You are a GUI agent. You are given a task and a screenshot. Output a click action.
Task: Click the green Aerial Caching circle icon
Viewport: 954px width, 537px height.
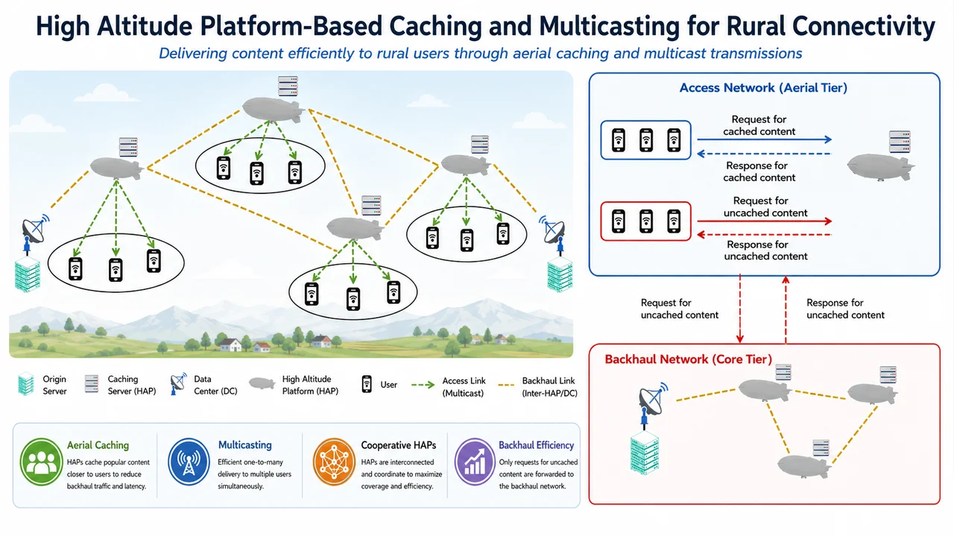click(41, 462)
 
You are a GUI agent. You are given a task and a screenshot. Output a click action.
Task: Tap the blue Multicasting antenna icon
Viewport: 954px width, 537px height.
click(189, 462)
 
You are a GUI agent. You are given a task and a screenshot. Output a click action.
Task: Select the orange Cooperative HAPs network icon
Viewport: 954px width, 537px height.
click(334, 462)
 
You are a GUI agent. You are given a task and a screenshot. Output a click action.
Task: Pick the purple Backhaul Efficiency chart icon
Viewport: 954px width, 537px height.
click(475, 462)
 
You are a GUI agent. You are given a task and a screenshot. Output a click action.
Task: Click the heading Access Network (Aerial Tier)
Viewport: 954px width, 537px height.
click(763, 88)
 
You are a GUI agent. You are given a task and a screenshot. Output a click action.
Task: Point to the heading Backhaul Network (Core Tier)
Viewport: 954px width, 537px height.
click(688, 359)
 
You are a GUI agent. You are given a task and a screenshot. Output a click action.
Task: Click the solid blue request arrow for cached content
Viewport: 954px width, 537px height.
click(765, 139)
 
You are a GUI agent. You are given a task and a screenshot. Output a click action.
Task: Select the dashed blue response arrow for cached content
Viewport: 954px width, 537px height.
click(765, 154)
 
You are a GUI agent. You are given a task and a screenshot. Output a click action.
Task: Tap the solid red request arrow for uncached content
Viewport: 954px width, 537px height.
click(765, 222)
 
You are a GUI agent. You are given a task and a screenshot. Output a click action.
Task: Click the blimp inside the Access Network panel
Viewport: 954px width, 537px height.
click(880, 166)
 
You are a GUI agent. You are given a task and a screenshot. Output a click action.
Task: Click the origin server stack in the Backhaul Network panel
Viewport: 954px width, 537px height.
click(645, 452)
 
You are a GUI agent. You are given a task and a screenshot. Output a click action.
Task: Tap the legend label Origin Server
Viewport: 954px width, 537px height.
click(54, 385)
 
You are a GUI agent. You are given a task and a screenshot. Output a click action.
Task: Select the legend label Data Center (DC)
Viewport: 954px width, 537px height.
click(215, 385)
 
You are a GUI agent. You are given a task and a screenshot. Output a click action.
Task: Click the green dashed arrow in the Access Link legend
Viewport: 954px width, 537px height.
click(423, 385)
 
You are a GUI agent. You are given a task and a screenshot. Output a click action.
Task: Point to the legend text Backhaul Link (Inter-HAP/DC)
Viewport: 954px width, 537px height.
click(549, 386)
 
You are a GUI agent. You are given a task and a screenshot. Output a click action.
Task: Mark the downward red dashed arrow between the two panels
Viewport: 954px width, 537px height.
click(740, 309)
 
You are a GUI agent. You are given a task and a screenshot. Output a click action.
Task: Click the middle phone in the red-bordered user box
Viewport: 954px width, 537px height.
click(646, 222)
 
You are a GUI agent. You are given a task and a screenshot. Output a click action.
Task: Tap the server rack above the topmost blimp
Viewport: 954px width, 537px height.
click(288, 86)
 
